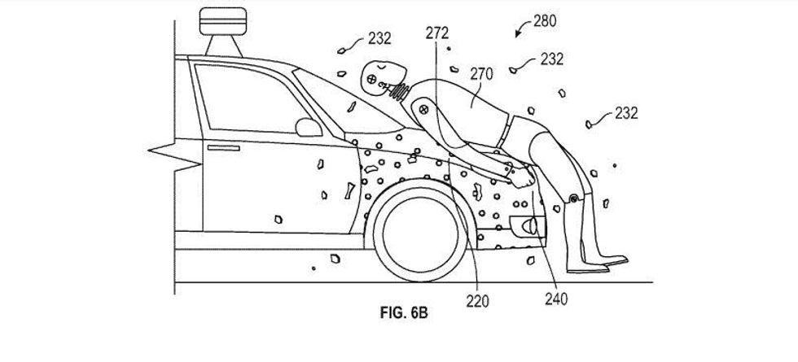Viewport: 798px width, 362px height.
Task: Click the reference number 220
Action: [478, 302]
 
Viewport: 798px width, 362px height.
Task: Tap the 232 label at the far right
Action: [626, 112]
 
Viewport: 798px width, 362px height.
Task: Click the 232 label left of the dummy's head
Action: [378, 38]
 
